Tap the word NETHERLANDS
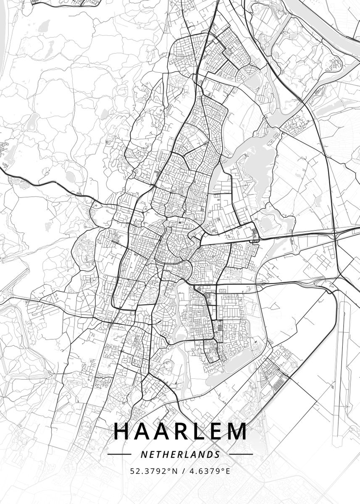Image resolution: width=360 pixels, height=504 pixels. (x=180, y=454)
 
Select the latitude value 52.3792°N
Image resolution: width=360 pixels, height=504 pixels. (x=152, y=471)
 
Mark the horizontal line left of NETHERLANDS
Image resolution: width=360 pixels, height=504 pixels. (x=119, y=454)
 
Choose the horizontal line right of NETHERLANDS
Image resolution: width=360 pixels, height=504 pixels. (x=241, y=454)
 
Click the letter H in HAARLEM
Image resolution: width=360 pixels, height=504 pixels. (x=122, y=431)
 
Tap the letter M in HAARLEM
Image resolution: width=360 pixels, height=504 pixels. (x=237, y=431)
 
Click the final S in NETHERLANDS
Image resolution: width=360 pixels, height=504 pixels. (x=217, y=454)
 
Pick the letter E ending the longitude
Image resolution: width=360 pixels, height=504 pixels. (x=228, y=471)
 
